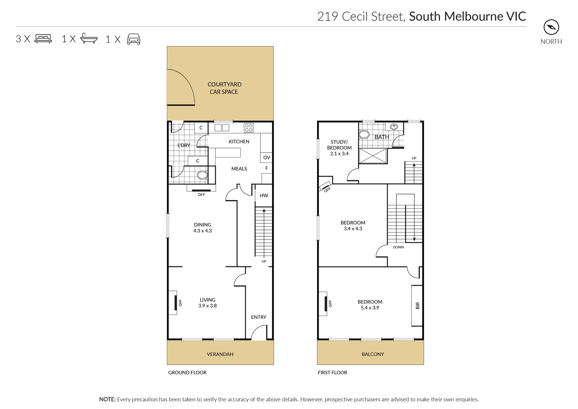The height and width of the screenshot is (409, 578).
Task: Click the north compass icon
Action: (x=551, y=27)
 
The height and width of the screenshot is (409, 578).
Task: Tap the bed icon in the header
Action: (x=43, y=39)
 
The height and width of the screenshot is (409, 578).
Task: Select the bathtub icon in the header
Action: (x=89, y=39)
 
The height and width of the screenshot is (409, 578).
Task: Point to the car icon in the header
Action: (x=134, y=39)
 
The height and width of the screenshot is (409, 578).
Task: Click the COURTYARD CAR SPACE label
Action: (x=224, y=88)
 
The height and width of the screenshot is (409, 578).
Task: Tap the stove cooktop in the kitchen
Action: (x=248, y=128)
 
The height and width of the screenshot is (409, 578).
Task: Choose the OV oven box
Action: (x=266, y=158)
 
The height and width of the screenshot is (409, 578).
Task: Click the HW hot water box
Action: (x=264, y=195)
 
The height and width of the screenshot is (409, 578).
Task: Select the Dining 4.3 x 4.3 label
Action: (x=203, y=228)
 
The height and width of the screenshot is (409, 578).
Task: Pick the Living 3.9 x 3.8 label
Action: (x=207, y=303)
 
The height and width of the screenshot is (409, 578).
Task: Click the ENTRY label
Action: (x=259, y=317)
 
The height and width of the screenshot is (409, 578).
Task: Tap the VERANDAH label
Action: (x=220, y=354)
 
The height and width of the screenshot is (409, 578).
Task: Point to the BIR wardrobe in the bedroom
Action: (x=417, y=305)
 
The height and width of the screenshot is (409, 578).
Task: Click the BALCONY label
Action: (x=373, y=354)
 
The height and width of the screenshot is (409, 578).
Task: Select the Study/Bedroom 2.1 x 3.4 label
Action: (x=339, y=148)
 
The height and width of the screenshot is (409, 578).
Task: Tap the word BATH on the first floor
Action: (x=382, y=137)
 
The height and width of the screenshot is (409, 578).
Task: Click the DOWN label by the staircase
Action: (x=398, y=247)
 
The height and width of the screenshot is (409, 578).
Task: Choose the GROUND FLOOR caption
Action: (x=187, y=373)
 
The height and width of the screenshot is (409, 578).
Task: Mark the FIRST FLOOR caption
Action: (x=332, y=373)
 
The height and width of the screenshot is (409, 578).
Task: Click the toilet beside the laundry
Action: (x=202, y=175)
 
